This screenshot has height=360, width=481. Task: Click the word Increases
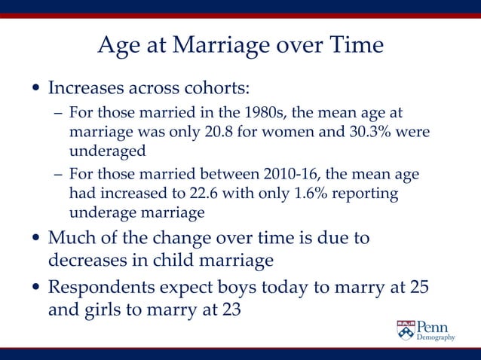click(90, 87)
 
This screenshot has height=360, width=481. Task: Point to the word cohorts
click(212, 87)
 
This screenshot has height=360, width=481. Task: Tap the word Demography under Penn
click(437, 338)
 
